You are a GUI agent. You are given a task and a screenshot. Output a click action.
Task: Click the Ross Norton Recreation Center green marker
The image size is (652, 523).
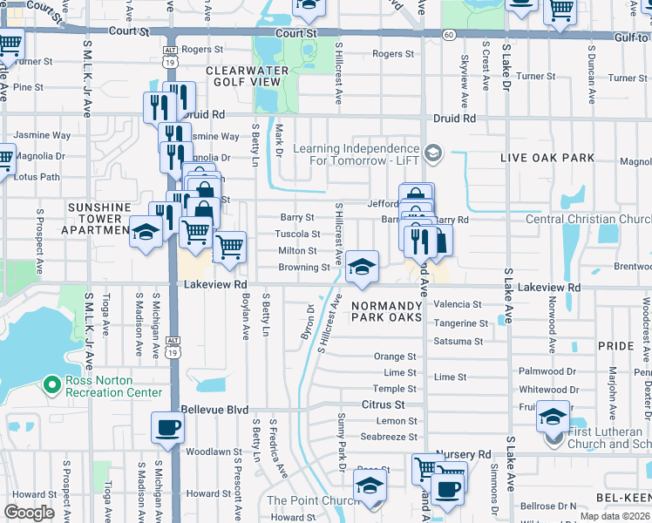[51, 384]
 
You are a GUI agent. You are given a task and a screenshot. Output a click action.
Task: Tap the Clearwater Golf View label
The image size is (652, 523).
[243, 76]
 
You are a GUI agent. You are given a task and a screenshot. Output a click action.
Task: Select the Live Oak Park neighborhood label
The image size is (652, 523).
[547, 158]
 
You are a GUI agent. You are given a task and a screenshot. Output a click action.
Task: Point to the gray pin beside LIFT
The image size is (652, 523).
[433, 155]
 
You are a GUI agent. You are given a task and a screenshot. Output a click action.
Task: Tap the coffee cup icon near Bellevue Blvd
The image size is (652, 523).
[167, 428]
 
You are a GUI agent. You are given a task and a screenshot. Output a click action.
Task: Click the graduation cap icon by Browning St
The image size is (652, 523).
[362, 266]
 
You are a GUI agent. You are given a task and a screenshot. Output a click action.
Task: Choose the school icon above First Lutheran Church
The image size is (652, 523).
[553, 417]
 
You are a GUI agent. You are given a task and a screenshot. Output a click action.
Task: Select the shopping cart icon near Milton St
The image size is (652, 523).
[229, 247]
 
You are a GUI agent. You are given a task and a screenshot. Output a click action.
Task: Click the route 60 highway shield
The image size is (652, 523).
[447, 34]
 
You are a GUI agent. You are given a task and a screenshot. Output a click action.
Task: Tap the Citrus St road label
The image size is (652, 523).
[384, 405]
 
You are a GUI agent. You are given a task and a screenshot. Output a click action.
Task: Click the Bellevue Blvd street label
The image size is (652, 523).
[214, 410]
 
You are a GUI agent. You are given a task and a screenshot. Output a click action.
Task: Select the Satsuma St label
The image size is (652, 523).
[458, 341]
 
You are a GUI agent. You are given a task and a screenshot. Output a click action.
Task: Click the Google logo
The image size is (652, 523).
[29, 513]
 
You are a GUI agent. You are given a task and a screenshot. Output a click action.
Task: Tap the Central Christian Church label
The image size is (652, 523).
[588, 219]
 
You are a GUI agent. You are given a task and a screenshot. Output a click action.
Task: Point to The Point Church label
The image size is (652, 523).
[311, 499]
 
